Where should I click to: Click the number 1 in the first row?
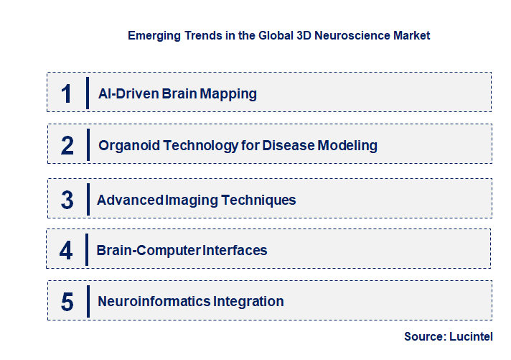point(67,93)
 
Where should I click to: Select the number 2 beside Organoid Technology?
point(67,146)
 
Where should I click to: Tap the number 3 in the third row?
point(67,200)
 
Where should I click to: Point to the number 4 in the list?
point(67,251)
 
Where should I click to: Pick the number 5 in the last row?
point(67,302)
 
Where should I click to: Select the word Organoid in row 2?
point(129,146)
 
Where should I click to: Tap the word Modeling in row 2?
point(347,146)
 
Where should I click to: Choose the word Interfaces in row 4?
point(235,251)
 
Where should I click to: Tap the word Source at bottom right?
point(424,336)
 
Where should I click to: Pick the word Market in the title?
point(410,35)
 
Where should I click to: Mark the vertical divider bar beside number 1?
point(88,93)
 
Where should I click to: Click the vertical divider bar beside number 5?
point(88,301)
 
